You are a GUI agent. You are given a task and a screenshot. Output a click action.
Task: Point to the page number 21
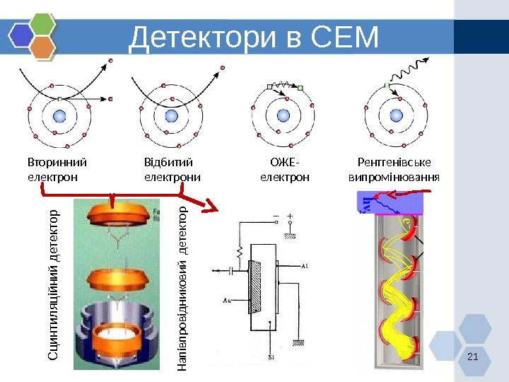coord(473,356)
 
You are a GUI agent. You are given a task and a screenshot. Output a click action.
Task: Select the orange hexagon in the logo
coord(43,48)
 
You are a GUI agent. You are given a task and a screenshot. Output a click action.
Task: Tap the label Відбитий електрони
coord(172,170)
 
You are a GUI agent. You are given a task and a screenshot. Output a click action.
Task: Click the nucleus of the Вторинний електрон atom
coord(59,115)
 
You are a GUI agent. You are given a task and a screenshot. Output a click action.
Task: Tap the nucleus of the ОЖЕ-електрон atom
coord(281,115)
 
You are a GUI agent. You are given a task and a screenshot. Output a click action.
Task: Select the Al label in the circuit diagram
coord(303,266)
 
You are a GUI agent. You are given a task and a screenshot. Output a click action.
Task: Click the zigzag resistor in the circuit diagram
coord(240,252)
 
